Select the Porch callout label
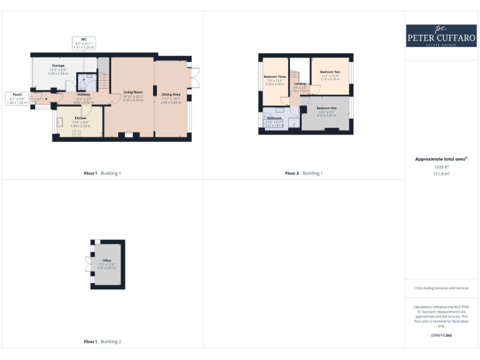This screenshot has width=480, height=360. click(x=17, y=98)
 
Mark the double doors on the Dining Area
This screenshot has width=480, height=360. click(x=195, y=77)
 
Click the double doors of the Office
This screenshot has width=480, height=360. click(x=88, y=264)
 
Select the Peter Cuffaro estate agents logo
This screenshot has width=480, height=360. click(x=441, y=35)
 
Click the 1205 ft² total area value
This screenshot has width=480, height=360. click(x=441, y=167)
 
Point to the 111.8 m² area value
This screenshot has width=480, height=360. click(x=441, y=174)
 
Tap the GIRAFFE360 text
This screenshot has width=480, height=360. click(x=441, y=336)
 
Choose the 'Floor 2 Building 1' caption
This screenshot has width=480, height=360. click(x=304, y=173)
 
